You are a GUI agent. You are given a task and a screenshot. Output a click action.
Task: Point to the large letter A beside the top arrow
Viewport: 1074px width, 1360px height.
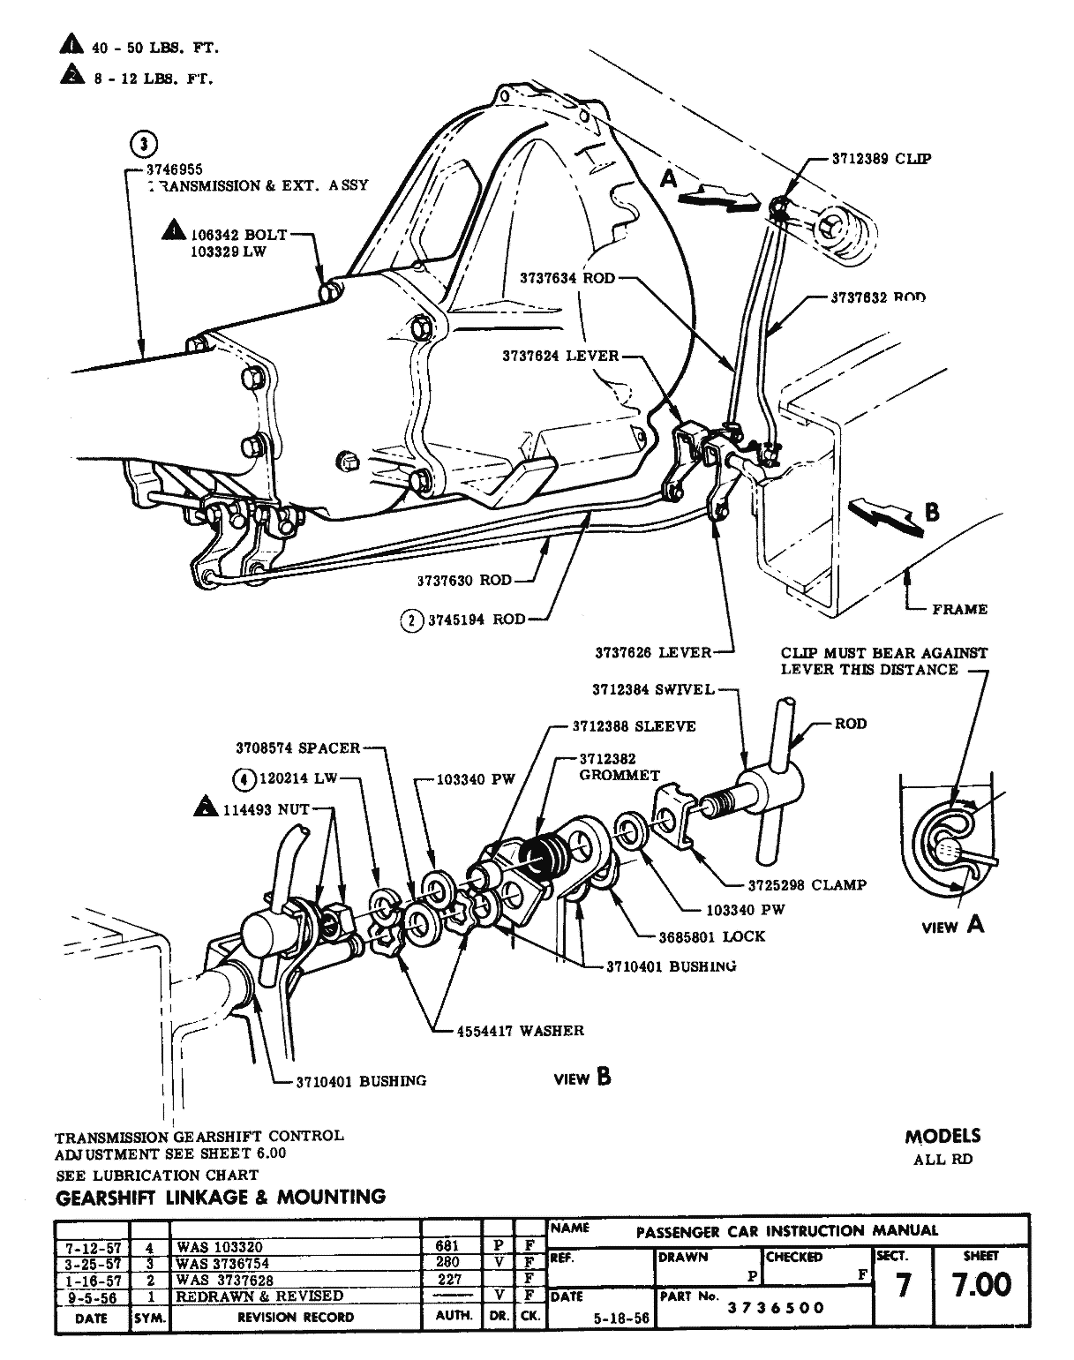(670, 178)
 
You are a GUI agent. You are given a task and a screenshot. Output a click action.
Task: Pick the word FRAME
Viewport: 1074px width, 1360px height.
(959, 609)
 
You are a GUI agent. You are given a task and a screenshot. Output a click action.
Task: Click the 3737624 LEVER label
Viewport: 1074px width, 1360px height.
(560, 357)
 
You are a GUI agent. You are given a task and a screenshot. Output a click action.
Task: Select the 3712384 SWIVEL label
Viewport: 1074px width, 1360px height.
(653, 689)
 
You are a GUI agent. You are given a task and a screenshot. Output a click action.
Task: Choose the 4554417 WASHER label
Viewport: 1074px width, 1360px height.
(520, 1030)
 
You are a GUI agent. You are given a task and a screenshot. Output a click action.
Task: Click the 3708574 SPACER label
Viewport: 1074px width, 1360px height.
(297, 748)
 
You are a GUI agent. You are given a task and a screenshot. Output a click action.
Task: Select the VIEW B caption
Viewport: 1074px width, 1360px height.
(582, 1078)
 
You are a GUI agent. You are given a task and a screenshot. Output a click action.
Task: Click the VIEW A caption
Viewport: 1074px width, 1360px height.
(952, 925)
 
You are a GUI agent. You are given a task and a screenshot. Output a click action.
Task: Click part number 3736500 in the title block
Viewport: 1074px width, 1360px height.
(776, 1308)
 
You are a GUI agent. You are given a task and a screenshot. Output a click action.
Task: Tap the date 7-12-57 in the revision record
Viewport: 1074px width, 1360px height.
(92, 1248)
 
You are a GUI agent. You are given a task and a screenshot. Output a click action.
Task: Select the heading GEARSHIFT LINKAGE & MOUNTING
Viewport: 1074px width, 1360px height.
(221, 1198)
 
